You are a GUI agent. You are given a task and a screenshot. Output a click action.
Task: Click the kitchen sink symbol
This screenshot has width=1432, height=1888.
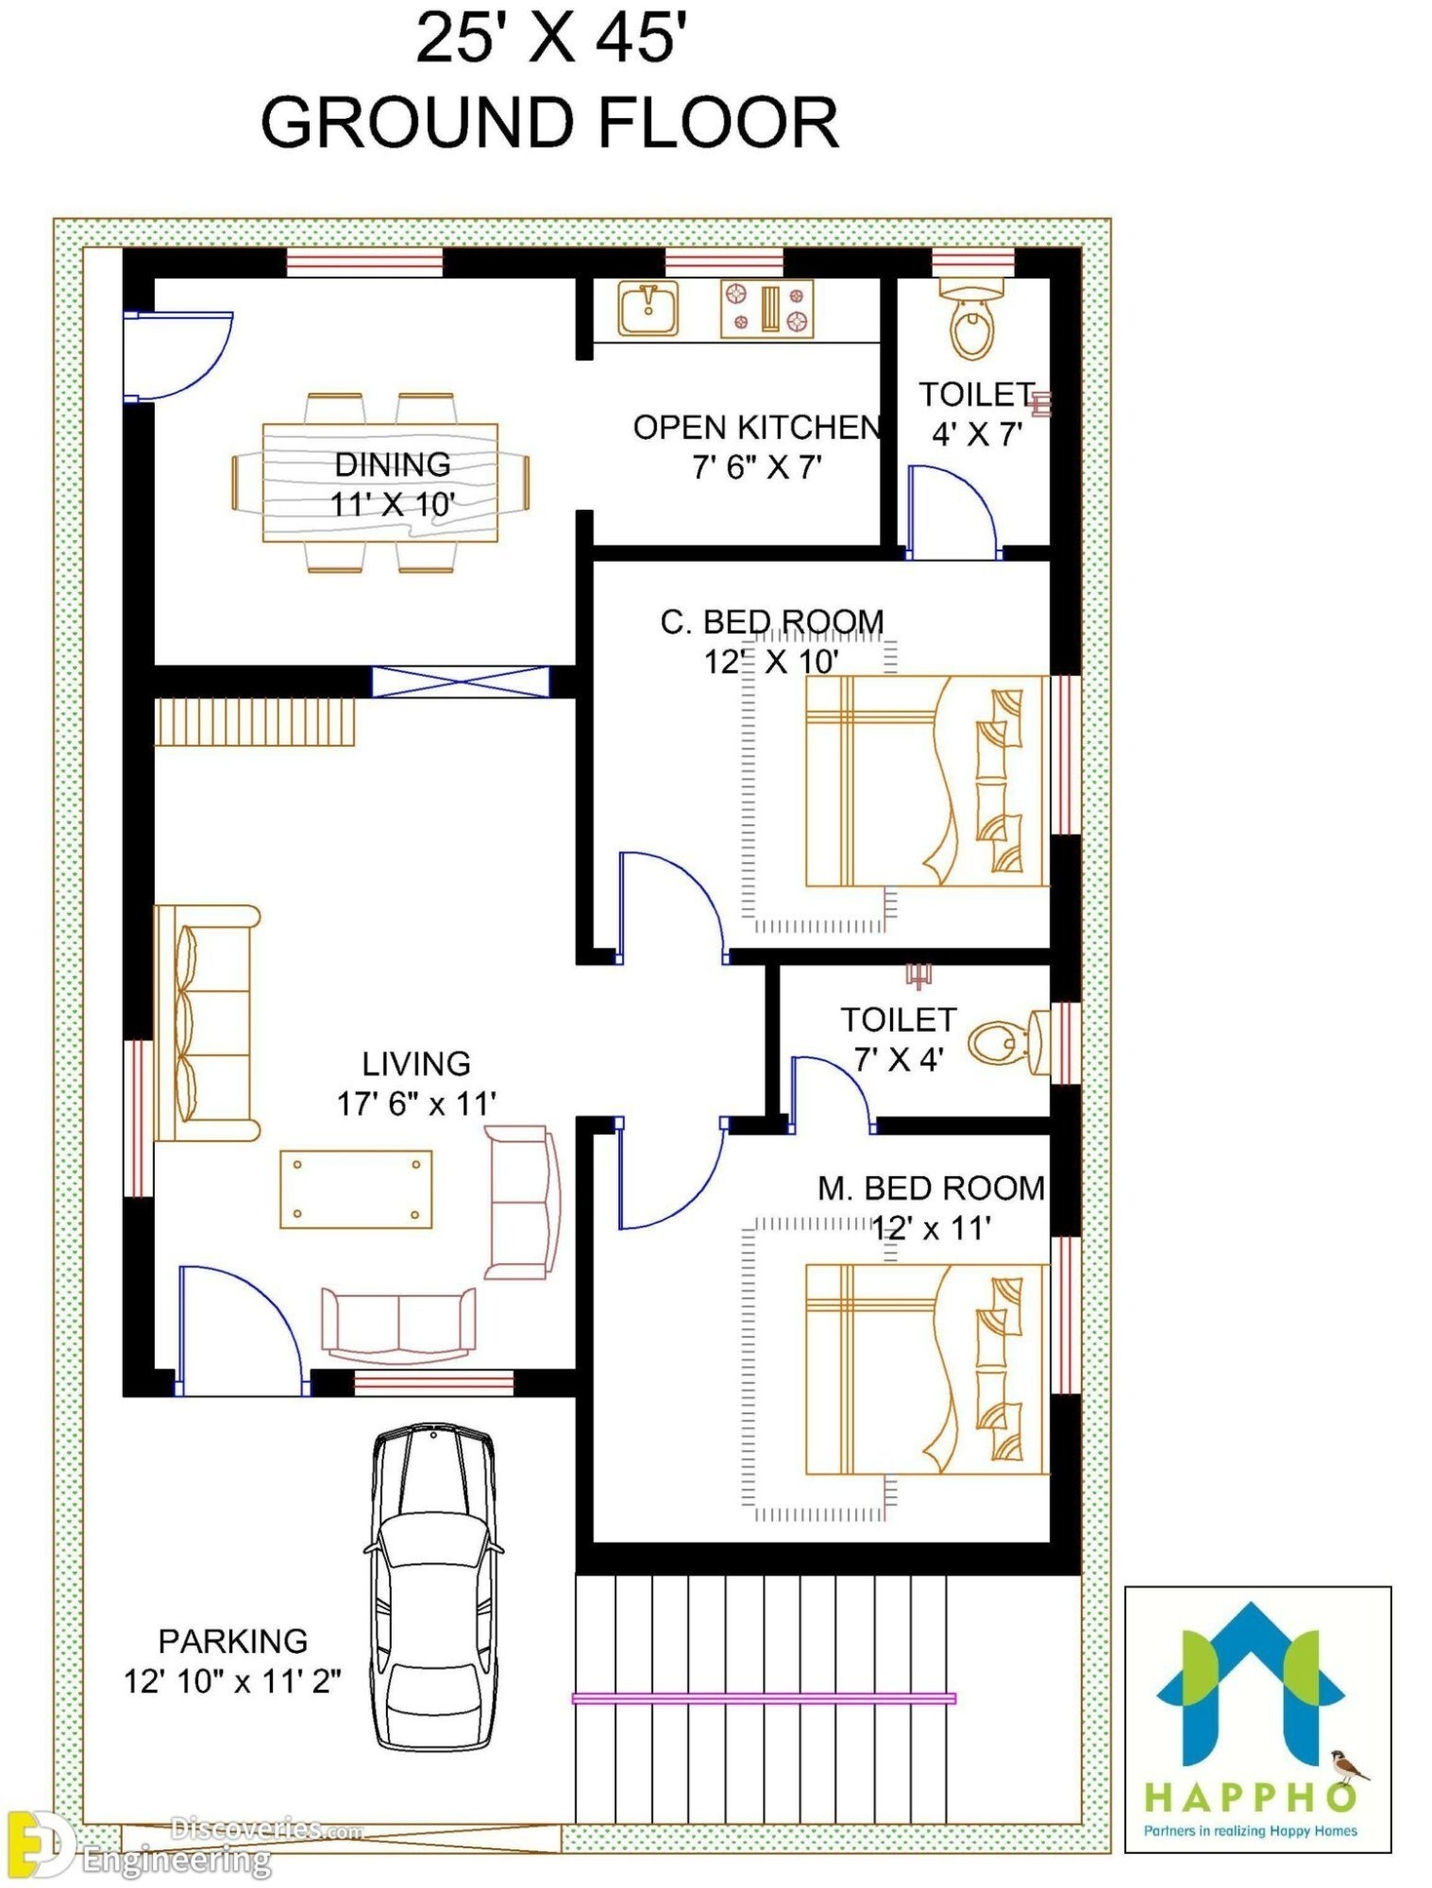648,309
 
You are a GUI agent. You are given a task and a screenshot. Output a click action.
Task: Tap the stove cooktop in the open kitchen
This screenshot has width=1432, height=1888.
767,309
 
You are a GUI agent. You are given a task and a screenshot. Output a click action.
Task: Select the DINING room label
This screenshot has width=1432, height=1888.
393,464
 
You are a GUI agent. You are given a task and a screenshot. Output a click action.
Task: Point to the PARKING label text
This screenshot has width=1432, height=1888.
232,1641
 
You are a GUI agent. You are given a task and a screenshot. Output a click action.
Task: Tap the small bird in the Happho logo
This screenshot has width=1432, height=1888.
1348,1762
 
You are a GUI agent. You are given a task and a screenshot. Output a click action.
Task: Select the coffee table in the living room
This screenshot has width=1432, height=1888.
356,1188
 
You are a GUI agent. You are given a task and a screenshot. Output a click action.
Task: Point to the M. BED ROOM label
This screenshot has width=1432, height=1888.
931,1188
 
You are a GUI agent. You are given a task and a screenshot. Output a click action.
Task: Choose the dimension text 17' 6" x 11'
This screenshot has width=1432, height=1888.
416,1103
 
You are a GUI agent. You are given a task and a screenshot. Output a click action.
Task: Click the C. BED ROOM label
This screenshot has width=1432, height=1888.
772,622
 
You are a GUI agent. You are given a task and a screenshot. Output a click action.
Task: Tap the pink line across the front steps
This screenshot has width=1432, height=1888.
763,1698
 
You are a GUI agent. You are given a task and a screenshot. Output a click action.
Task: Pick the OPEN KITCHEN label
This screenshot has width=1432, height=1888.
757,428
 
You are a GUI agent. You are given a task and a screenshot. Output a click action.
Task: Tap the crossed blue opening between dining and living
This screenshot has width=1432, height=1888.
460,682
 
